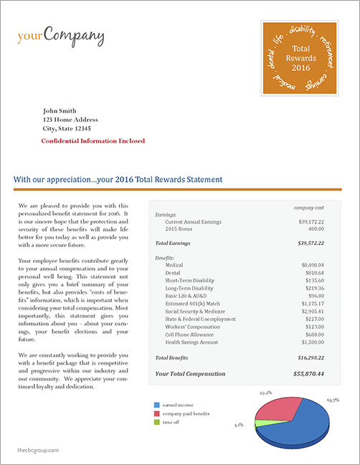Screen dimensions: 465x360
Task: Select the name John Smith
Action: tap(60, 110)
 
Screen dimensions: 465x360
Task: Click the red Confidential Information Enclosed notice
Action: tap(93, 141)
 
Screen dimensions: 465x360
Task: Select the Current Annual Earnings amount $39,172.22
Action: tap(307, 222)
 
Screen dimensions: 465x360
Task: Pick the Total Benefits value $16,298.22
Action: tap(306, 357)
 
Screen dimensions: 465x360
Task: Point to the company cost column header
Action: tap(309, 207)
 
